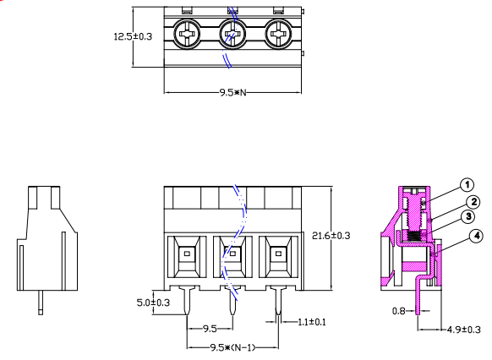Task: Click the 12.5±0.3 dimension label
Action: [x=134, y=36]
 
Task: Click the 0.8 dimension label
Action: [x=402, y=311]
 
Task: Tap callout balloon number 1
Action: [x=467, y=185]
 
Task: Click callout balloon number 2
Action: [x=474, y=202]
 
